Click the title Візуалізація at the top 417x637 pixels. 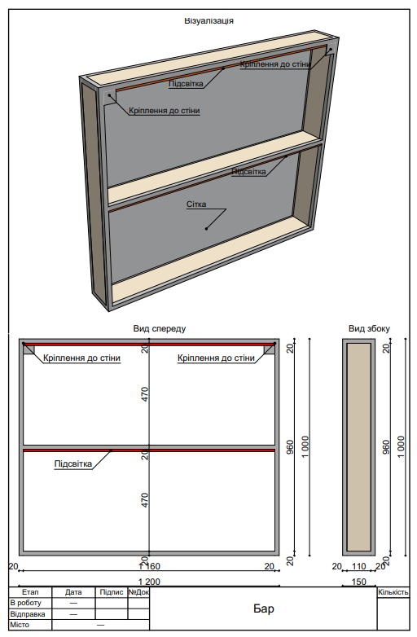point(209,20)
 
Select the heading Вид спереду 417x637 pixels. point(160,329)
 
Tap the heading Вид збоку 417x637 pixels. point(369,329)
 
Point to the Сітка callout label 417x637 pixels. point(196,204)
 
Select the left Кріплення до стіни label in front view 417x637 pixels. point(81,358)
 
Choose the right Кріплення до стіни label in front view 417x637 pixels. point(216,358)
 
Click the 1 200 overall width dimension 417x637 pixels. point(149,580)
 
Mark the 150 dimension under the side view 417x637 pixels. point(358,581)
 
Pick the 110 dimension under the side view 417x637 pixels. point(358,566)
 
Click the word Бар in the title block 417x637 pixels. point(263,608)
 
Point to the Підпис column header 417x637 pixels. point(111,592)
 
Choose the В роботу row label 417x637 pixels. point(24,603)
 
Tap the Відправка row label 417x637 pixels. point(27,613)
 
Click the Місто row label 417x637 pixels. point(20,625)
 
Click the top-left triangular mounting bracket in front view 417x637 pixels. point(29,349)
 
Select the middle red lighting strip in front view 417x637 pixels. point(149,449)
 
